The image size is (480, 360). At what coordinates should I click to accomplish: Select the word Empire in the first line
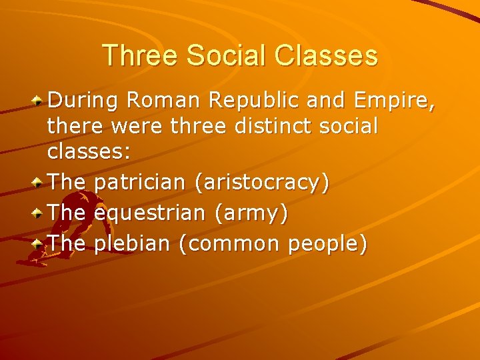[x=394, y=102]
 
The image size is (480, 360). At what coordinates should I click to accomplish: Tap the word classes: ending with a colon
[x=89, y=151]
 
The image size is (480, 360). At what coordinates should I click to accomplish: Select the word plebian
[x=133, y=244]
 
